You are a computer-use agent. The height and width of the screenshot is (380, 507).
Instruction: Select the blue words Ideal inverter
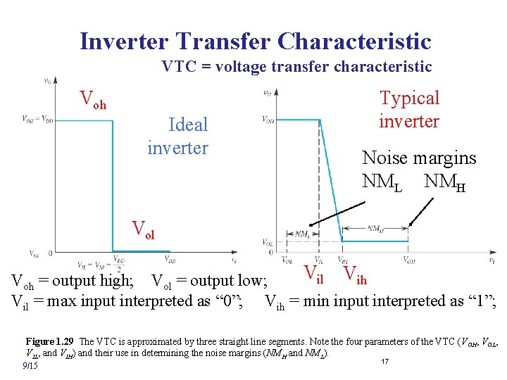click(x=178, y=137)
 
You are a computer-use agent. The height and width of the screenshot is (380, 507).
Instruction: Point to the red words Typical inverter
click(x=409, y=109)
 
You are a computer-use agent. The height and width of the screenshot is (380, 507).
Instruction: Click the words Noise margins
click(x=418, y=158)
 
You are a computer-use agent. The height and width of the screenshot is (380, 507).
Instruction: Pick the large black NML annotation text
click(x=382, y=181)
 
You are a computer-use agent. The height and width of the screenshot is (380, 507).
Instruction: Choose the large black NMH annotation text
click(x=445, y=181)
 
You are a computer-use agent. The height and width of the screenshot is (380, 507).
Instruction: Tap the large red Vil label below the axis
click(x=313, y=271)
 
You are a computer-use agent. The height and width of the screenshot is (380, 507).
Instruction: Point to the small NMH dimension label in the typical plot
click(x=375, y=228)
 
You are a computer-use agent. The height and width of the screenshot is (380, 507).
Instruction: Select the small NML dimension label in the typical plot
click(x=303, y=234)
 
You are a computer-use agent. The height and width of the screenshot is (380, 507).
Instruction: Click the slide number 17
click(x=384, y=361)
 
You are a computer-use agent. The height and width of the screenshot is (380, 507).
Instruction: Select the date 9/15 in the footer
click(x=30, y=366)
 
